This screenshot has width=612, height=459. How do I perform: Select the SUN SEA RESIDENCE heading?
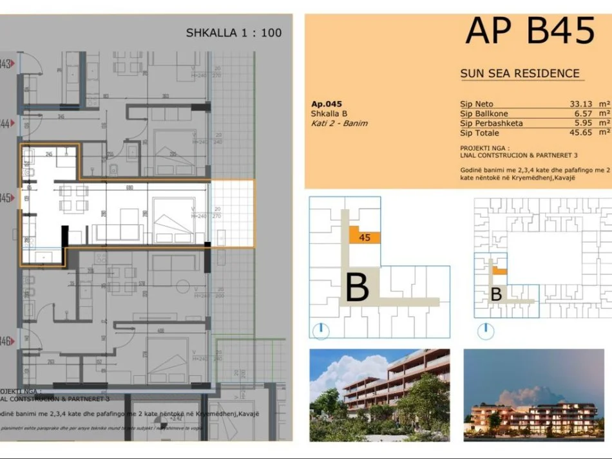click(520, 73)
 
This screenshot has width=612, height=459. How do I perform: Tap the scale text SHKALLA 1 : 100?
click(234, 32)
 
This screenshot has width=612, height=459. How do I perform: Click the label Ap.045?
click(326, 104)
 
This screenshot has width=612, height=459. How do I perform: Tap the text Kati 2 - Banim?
click(339, 123)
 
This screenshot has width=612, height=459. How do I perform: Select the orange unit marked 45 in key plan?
click(364, 236)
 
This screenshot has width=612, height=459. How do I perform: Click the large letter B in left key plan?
click(358, 288)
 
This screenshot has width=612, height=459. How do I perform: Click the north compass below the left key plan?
click(320, 331)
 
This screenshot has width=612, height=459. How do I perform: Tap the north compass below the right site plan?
click(486, 331)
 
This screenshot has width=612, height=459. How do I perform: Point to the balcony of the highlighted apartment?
click(232, 214)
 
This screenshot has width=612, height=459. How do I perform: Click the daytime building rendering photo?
click(379, 395)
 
